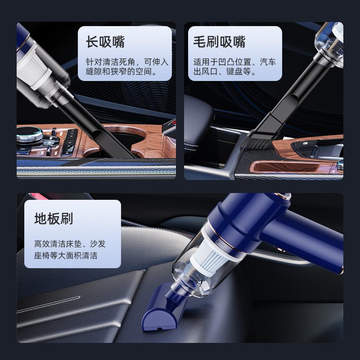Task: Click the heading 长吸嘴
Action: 105,42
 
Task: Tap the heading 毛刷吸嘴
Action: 219,42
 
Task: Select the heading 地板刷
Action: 54,219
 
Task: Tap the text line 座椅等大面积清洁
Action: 66,256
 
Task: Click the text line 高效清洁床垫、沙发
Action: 70,244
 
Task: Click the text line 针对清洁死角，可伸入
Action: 127,62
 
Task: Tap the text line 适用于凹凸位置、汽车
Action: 234,62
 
